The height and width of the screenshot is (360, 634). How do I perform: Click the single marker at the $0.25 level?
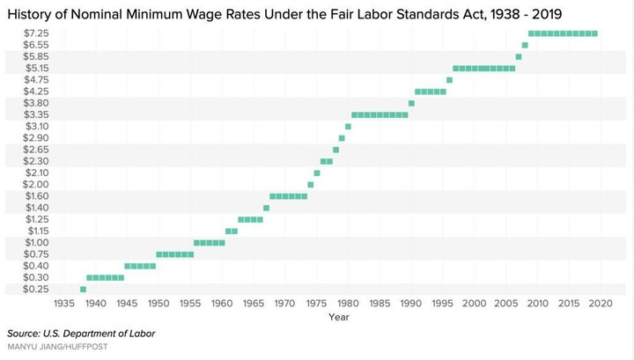point(83,290)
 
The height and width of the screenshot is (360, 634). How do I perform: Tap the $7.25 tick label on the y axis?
point(36,33)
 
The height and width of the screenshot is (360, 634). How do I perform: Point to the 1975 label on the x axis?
point(317,303)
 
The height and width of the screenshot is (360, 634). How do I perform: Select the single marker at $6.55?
point(525,45)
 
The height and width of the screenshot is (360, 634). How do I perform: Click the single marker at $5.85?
point(519,57)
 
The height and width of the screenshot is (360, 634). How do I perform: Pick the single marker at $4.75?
point(449,80)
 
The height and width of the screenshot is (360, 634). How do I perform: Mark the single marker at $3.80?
point(411,104)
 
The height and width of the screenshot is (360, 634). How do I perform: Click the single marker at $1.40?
point(266,208)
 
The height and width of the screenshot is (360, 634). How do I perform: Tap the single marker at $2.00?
point(311,185)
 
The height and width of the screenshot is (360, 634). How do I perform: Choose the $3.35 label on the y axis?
point(36,114)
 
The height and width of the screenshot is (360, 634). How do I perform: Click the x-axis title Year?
point(339,317)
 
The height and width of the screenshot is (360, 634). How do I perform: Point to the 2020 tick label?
point(601,303)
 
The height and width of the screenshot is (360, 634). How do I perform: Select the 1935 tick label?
point(64,303)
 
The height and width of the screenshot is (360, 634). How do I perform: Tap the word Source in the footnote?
point(23,334)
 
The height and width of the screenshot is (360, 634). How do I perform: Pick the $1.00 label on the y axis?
point(37,242)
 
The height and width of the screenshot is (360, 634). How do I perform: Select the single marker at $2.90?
point(342,138)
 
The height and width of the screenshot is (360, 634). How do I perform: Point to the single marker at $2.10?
point(317,173)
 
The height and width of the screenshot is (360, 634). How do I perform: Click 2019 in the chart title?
point(547,14)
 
